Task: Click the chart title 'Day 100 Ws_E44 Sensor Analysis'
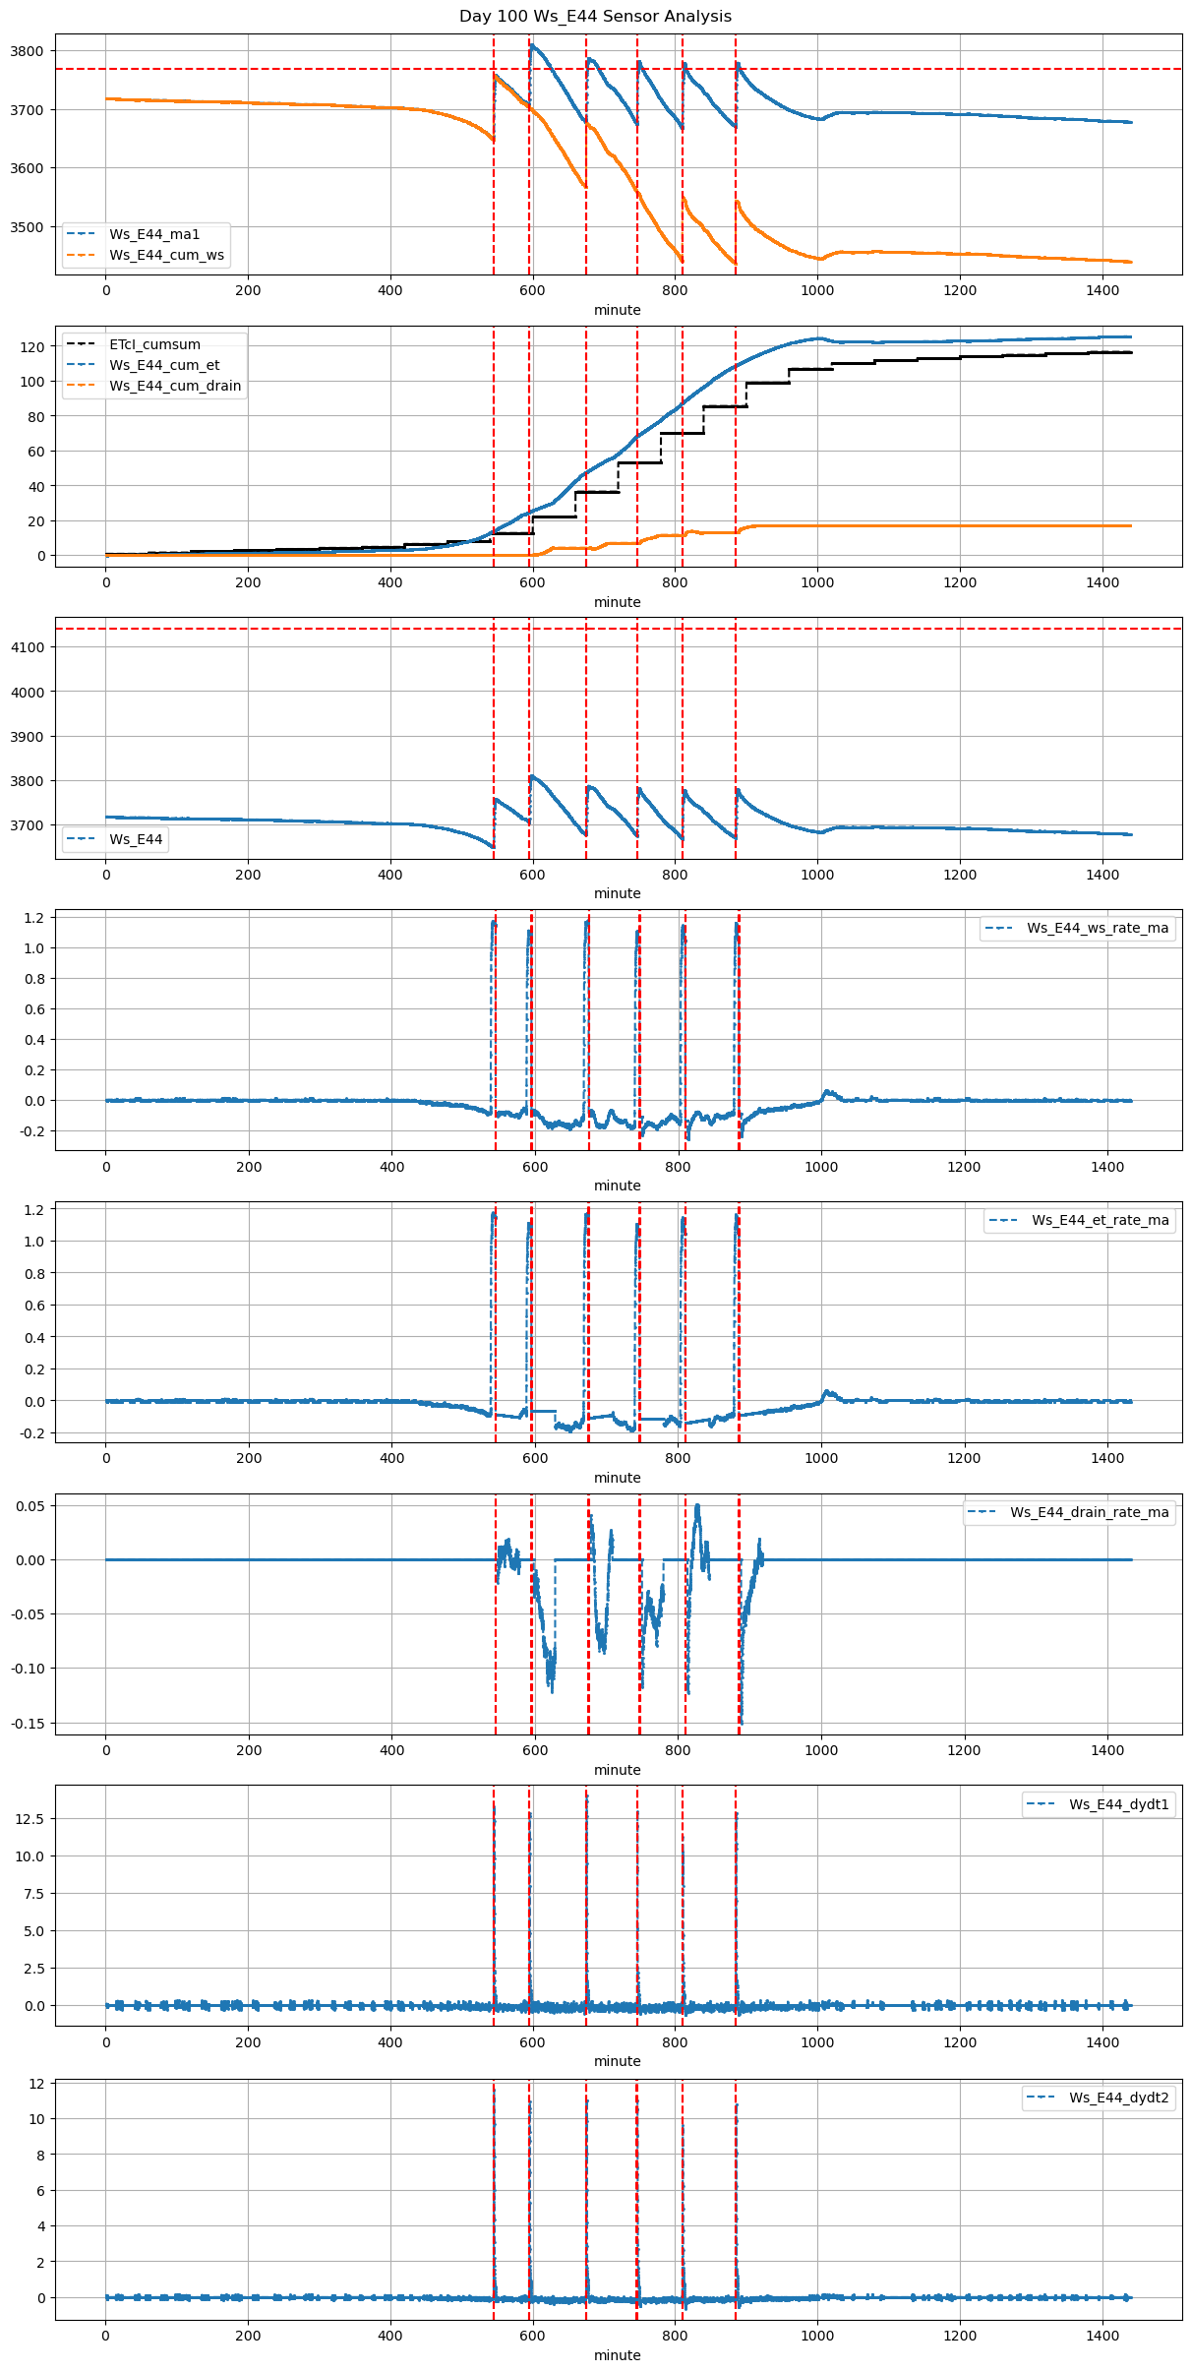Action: click(595, 16)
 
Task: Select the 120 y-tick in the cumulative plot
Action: click(33, 347)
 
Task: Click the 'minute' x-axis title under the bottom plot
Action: click(617, 2355)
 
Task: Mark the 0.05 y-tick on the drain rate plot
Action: click(30, 1506)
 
